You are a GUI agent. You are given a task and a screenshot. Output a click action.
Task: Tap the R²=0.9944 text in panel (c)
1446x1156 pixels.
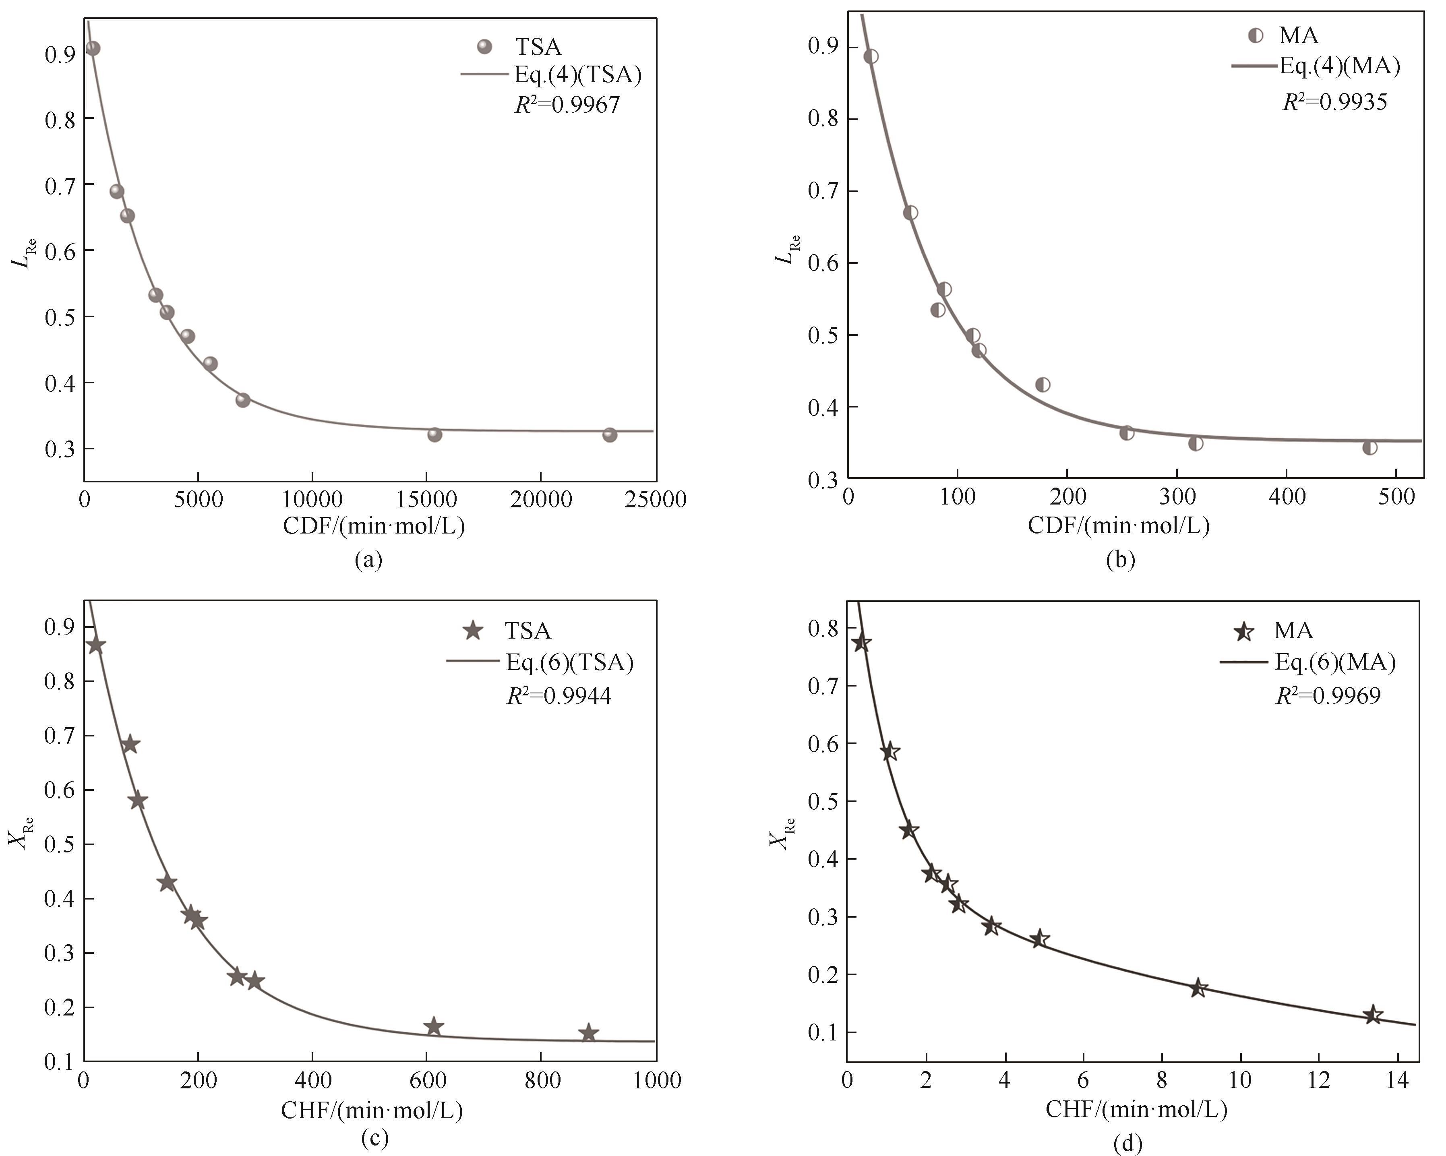[x=559, y=696]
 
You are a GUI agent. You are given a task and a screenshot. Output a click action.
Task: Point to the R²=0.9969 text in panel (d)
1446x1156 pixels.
[x=1328, y=696]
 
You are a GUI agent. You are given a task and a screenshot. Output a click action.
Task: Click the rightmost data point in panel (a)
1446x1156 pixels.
[x=609, y=435]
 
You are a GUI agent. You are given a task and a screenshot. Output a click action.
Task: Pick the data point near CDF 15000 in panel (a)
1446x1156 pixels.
[x=434, y=434]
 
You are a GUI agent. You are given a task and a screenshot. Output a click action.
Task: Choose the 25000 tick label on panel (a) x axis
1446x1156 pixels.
[x=655, y=500]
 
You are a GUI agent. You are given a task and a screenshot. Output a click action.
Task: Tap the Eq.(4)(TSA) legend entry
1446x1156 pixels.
[x=577, y=74]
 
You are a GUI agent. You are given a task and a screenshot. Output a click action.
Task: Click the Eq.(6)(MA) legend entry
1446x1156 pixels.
[x=1335, y=662]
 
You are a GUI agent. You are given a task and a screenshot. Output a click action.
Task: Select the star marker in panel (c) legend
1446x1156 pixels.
[x=474, y=630]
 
